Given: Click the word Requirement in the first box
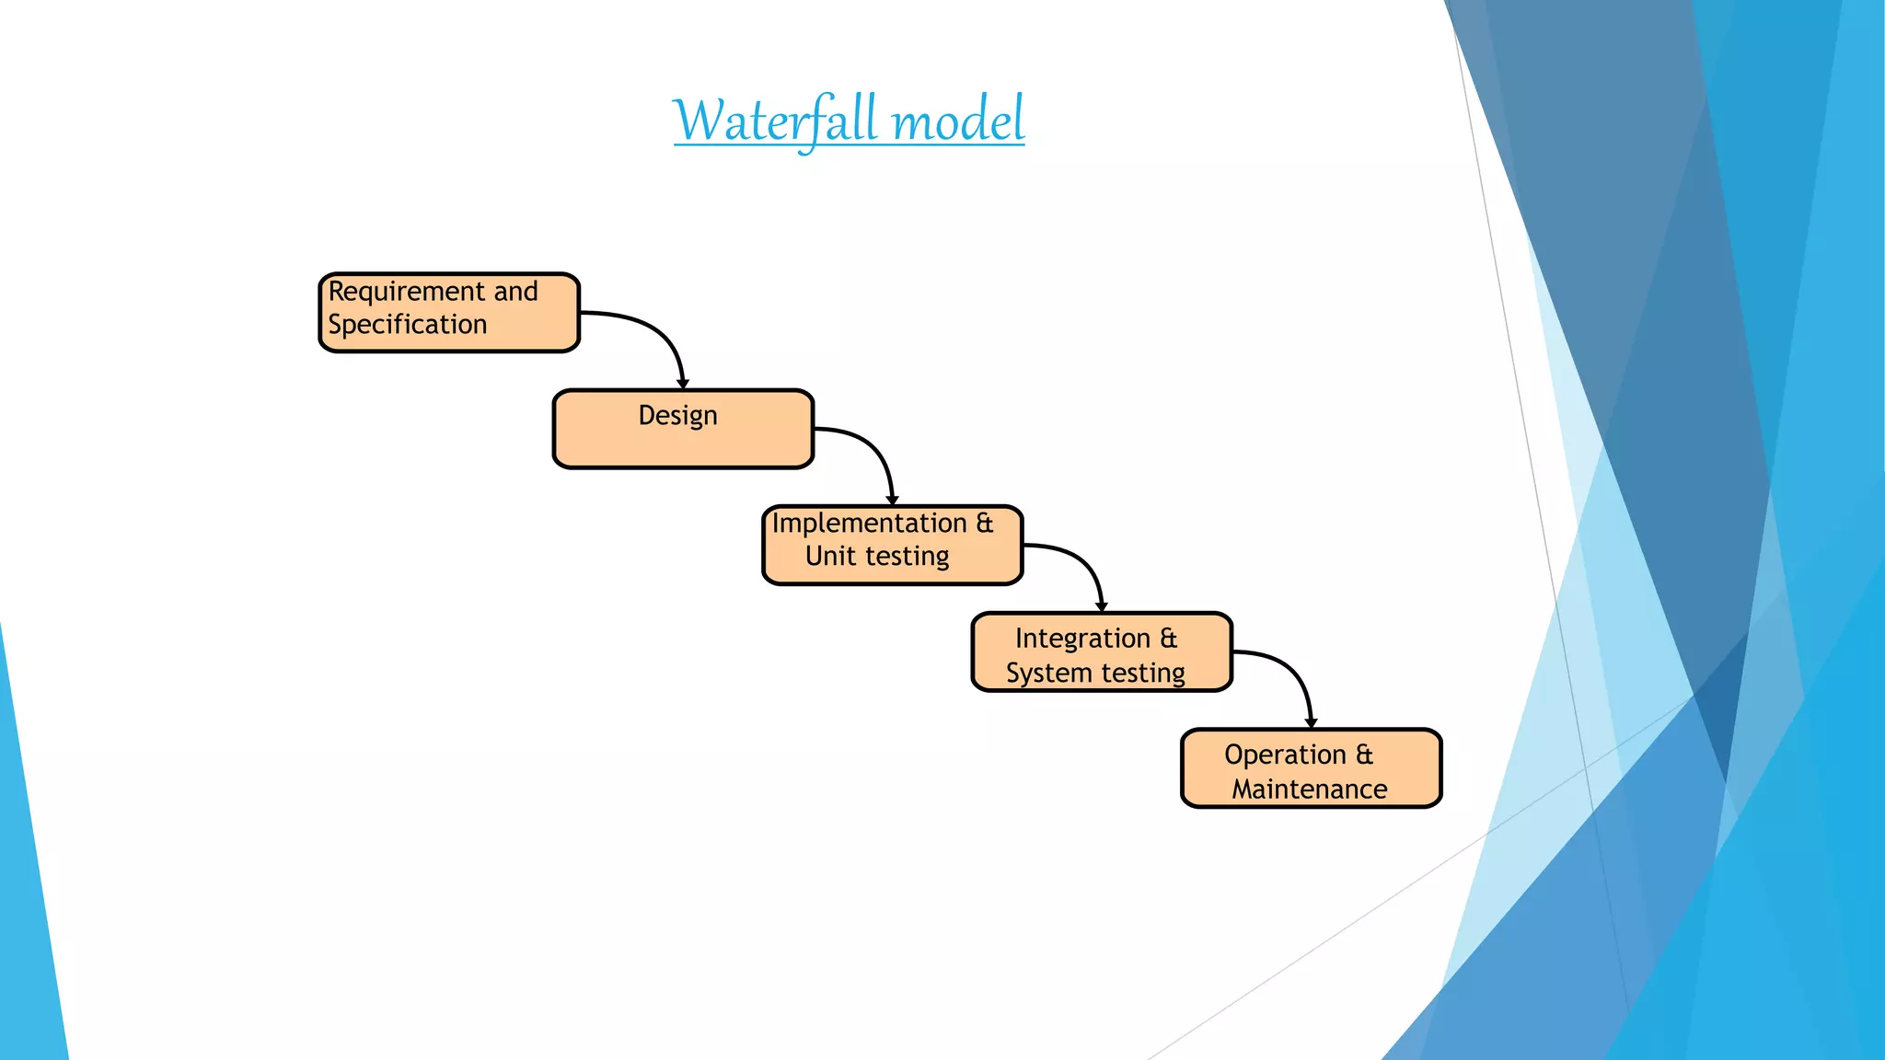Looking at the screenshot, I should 406,292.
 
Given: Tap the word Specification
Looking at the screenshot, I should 407,325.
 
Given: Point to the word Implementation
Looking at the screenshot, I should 869,524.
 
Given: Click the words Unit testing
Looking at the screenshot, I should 877,557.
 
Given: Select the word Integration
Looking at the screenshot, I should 1082,639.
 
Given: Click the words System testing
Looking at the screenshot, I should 1095,673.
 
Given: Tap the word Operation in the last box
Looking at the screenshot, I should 1285,755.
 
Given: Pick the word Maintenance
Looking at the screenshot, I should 1310,789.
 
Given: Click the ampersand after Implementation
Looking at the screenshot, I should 985,524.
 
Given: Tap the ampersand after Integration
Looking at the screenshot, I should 1168,639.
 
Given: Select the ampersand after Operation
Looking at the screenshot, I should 1364,755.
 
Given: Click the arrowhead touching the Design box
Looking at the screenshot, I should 683,384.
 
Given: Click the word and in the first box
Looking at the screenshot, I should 515,292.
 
